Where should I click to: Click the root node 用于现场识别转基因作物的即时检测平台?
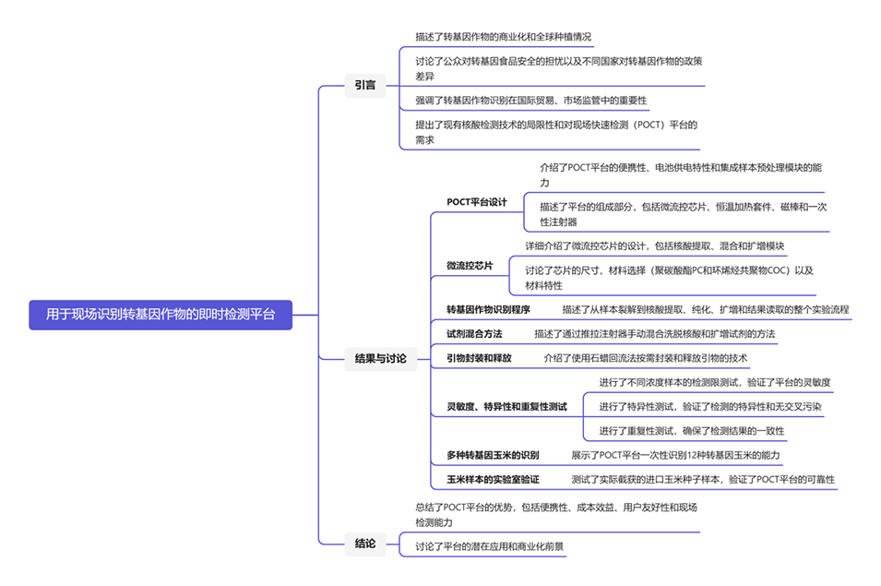click(161, 314)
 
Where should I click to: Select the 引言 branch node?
click(364, 85)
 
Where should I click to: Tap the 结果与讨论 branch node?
click(380, 358)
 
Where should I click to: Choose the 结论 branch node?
click(364, 544)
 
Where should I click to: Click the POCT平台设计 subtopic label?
click(477, 202)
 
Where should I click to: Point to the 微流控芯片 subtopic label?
click(470, 266)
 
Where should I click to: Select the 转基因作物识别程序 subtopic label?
click(488, 309)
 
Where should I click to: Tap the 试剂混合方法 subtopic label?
click(474, 333)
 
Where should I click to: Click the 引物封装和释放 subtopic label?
click(479, 357)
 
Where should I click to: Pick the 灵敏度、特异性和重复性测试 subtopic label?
click(506, 406)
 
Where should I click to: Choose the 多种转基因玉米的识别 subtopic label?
click(493, 455)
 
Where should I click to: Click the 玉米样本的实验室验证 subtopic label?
click(493, 479)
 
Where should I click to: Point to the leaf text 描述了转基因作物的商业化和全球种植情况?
click(503, 37)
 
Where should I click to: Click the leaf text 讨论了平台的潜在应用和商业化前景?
click(489, 546)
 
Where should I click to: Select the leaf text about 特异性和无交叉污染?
click(709, 406)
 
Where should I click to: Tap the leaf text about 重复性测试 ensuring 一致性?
click(691, 430)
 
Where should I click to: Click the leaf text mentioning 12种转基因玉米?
click(675, 455)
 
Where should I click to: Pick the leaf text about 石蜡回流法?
click(645, 357)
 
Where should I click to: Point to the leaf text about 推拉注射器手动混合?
click(654, 333)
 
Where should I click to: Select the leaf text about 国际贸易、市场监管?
click(530, 100)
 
